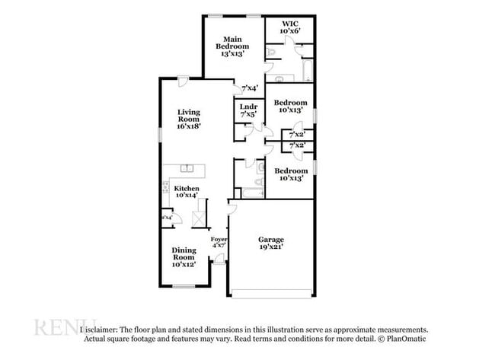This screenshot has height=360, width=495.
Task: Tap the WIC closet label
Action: (289, 27)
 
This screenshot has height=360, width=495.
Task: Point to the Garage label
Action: (271, 244)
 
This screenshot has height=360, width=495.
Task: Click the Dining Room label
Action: (184, 257)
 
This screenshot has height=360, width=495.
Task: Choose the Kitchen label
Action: (187, 193)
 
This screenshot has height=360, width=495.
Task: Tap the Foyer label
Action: (219, 242)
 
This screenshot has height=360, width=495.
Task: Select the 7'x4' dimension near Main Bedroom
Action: (250, 88)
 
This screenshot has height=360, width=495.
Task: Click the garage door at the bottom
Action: (271, 294)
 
